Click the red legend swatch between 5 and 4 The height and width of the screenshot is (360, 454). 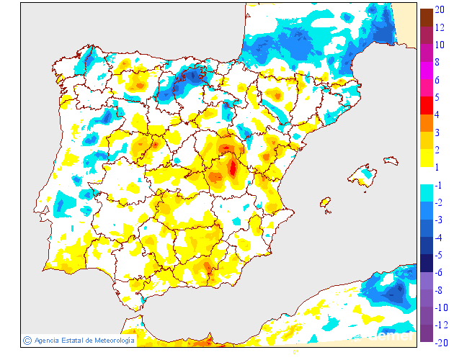click(x=426, y=106)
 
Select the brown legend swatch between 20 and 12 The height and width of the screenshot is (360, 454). click(x=426, y=18)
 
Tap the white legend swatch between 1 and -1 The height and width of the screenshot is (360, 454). click(x=426, y=176)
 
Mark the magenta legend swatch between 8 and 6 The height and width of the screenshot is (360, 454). click(x=426, y=71)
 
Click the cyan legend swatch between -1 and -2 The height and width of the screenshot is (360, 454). click(x=426, y=194)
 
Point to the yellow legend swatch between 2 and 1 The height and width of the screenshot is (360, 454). click(x=426, y=158)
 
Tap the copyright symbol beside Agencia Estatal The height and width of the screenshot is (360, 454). click(x=27, y=340)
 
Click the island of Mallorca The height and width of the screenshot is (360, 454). click(x=362, y=176)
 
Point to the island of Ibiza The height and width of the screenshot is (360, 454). click(x=325, y=203)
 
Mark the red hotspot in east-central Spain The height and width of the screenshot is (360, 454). click(x=232, y=168)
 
